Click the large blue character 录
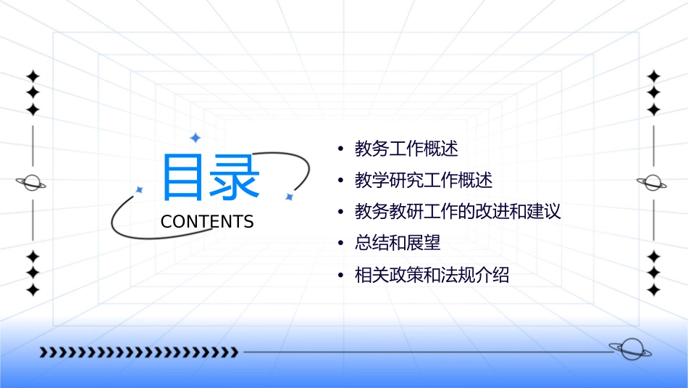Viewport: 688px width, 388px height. (x=235, y=177)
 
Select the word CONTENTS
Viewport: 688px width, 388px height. (x=207, y=222)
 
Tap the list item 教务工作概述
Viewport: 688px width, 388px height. (x=406, y=149)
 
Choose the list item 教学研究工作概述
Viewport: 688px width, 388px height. (x=424, y=181)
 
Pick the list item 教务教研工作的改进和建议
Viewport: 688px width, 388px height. (x=458, y=212)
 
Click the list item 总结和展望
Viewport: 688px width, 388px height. (x=398, y=243)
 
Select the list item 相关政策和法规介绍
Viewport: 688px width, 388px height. (x=432, y=276)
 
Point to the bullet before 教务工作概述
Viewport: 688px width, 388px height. (x=340, y=150)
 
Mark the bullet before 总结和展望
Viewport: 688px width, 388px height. (x=340, y=244)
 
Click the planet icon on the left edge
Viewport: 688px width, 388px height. (x=32, y=183)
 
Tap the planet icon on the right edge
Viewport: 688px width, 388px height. (x=653, y=183)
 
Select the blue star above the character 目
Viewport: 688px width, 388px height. (x=194, y=138)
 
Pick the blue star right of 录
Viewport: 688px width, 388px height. (x=289, y=197)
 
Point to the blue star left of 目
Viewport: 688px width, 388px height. (x=140, y=189)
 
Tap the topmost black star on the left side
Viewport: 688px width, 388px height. (x=33, y=76)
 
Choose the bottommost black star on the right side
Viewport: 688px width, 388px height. (x=654, y=290)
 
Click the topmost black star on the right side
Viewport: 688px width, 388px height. (x=654, y=76)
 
